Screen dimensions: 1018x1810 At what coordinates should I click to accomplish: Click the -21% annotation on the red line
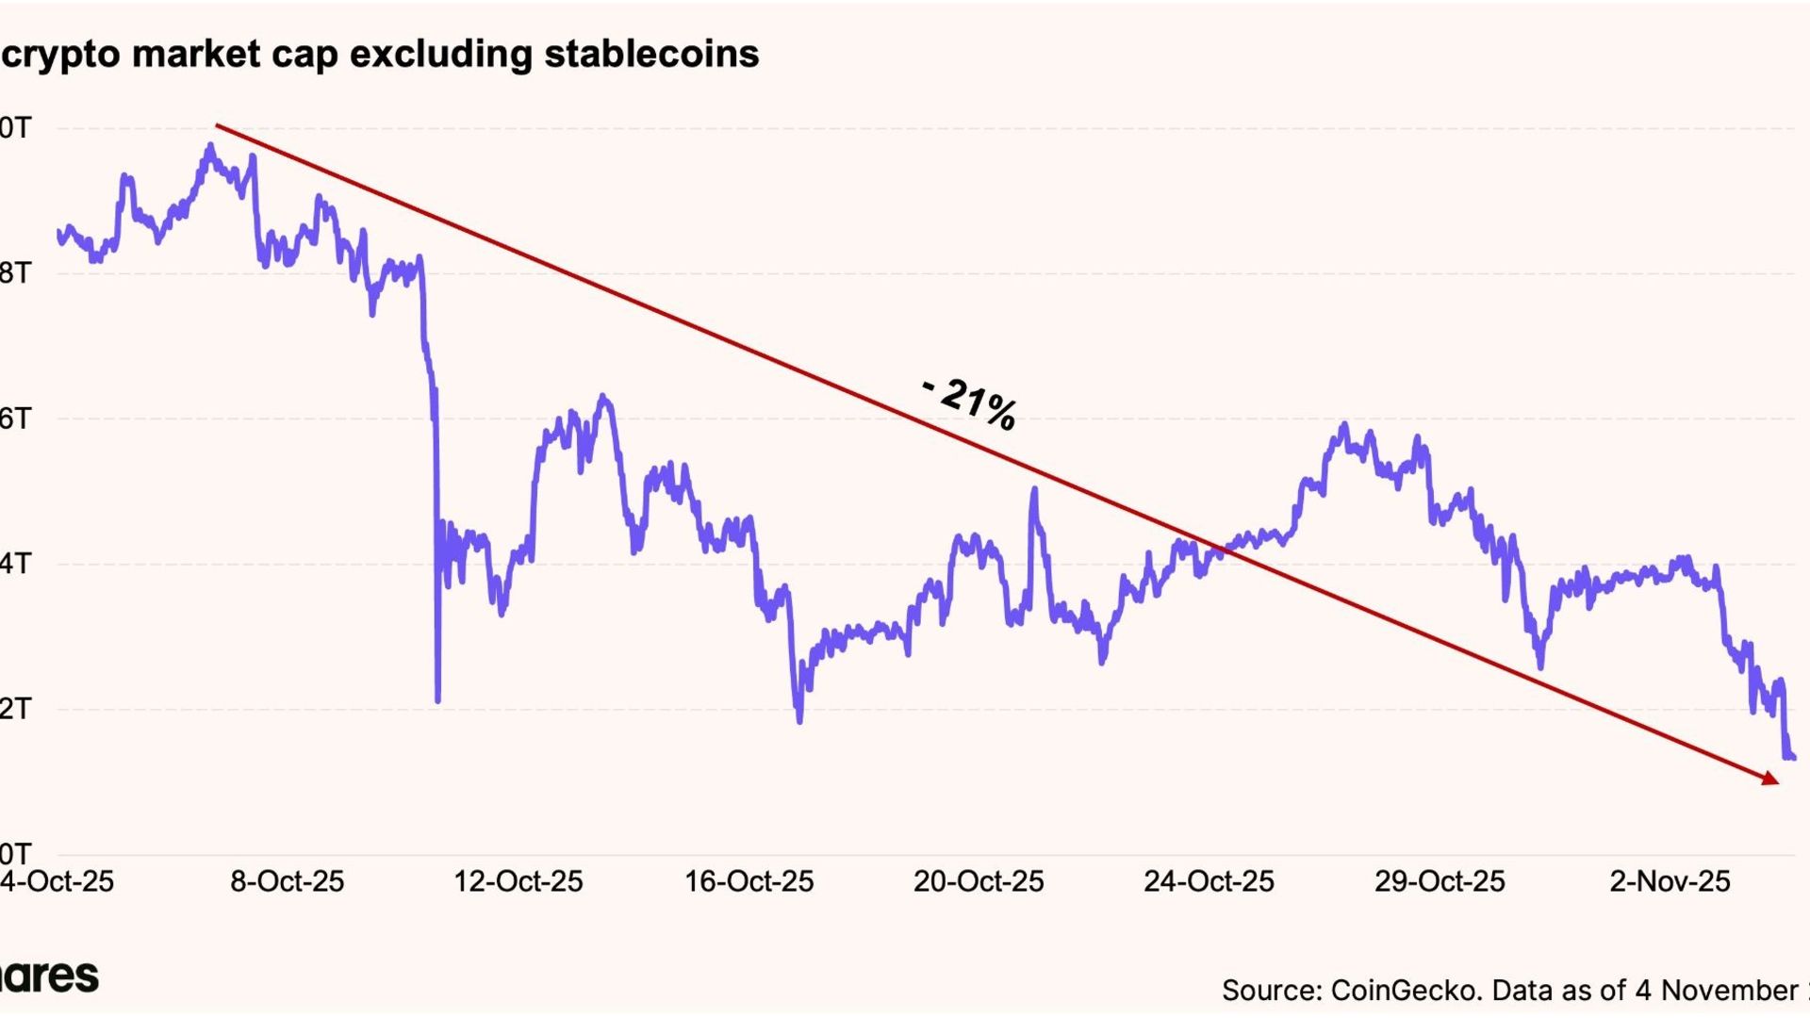970,404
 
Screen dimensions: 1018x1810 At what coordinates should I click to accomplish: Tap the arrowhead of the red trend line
1771,779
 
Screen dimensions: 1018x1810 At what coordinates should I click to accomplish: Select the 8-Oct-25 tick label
288,882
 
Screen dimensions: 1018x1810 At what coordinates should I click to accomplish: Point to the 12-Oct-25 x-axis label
518,882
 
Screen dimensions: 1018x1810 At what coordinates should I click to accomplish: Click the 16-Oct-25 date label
749,882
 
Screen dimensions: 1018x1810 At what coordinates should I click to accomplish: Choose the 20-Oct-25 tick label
979,882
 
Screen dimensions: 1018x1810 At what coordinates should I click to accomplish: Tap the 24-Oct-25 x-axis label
1209,882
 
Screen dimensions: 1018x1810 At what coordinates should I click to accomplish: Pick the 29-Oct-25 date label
1440,882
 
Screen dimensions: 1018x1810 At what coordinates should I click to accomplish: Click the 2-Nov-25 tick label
1670,882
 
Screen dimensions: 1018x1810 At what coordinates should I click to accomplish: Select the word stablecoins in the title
651,54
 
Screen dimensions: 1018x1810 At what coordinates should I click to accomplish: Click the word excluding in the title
441,54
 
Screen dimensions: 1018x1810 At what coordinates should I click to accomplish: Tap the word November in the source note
1729,991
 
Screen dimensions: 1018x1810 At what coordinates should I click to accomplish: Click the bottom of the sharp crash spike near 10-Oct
437,700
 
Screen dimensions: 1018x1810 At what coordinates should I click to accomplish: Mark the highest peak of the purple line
210,145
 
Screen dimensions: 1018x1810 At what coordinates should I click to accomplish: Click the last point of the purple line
1792,757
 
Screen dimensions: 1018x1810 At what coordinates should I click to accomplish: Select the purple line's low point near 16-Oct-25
799,721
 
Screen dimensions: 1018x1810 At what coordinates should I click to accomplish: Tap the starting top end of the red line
217,124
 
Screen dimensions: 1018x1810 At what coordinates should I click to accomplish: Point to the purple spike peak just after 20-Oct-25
1034,489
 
